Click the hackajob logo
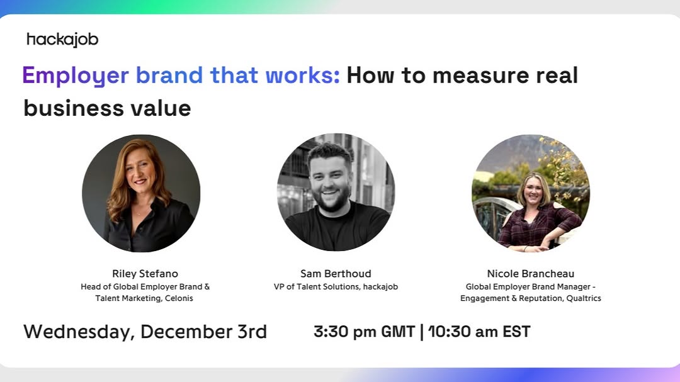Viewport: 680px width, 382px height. point(62,40)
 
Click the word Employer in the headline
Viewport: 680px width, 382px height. point(76,76)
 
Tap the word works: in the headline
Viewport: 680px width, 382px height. point(302,75)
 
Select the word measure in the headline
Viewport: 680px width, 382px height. point(481,75)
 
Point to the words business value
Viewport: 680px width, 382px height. point(107,108)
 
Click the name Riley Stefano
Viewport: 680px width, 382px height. point(145,274)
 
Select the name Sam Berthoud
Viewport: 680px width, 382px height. point(336,274)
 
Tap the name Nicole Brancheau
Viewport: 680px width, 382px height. point(530,274)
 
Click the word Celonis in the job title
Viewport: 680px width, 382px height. point(179,298)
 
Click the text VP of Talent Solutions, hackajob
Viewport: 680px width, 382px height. point(336,286)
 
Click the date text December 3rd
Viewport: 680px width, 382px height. point(203,332)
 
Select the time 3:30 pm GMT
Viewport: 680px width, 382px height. point(365,332)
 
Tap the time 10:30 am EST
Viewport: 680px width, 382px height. point(479,332)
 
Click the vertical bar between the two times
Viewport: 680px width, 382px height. point(421,332)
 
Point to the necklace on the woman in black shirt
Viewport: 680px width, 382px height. point(139,213)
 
